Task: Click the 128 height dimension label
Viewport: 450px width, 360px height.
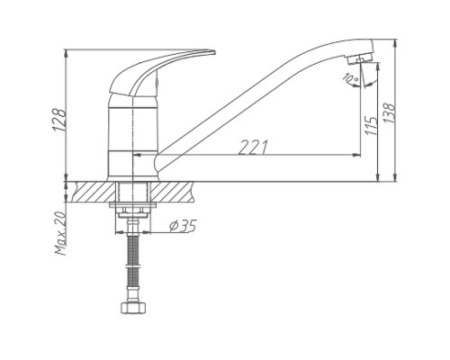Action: coord(59,120)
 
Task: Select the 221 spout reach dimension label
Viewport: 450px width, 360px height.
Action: coord(253,148)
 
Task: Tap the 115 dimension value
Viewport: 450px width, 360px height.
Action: coord(371,125)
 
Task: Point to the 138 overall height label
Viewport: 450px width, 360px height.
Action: coord(389,112)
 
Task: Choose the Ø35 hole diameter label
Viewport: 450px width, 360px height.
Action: coord(183,226)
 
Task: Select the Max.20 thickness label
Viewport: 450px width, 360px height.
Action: coord(59,233)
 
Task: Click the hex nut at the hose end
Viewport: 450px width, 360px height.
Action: coord(133,308)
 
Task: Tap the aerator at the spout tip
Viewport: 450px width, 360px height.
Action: coord(360,58)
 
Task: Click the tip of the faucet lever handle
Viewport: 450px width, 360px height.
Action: coord(215,52)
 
